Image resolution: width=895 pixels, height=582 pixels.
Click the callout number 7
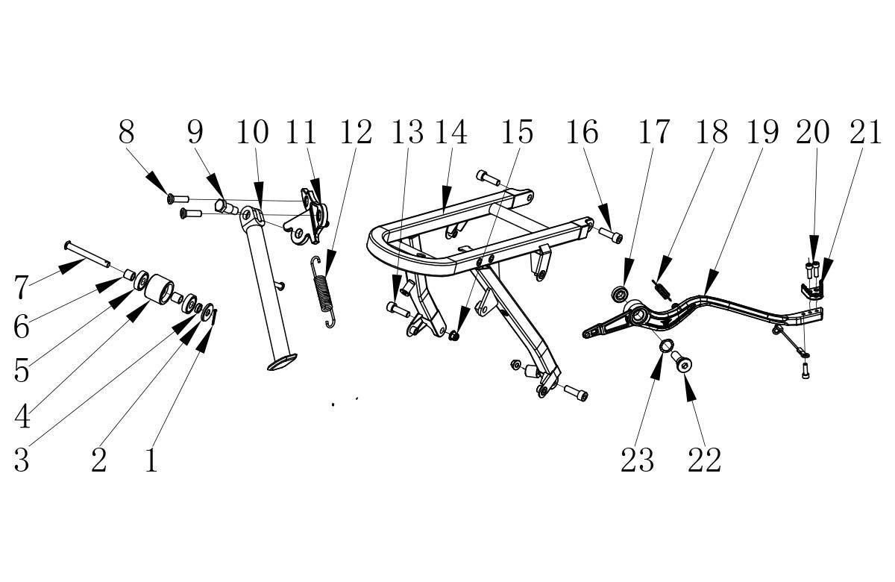21,287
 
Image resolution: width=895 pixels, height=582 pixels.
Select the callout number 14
450,131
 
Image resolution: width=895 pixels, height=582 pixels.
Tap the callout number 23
637,460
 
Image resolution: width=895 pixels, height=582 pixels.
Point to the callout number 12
356,131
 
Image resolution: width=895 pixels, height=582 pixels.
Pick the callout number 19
762,131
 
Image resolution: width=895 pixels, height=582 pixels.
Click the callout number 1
151,460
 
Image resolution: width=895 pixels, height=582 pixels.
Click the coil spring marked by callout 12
323,292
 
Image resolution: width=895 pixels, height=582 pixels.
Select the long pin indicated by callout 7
87,254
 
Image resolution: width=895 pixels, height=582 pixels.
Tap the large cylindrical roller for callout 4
158,290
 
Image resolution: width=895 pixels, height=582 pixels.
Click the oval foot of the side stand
282,362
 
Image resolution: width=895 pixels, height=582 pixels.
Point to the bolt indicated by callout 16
611,234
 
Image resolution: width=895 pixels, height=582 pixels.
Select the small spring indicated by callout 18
662,290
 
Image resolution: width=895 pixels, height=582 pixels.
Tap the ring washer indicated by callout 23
667,345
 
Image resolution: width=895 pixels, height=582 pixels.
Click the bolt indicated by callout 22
682,361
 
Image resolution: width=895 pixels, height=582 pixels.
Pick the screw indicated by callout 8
178,198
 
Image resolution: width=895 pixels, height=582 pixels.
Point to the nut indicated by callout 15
453,335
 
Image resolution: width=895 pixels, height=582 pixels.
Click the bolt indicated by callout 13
398,309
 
